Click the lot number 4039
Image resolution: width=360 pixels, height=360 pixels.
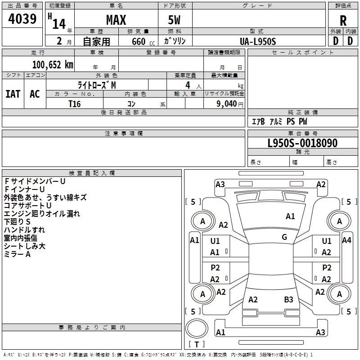click(x=23, y=19)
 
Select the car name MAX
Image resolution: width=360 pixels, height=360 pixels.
click(x=116, y=20)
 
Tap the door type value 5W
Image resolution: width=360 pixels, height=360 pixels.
click(x=175, y=20)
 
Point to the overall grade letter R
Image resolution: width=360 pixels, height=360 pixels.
click(x=343, y=21)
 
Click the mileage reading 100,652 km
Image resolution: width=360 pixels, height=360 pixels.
click(x=53, y=65)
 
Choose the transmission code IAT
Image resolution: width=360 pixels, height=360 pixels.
click(x=13, y=94)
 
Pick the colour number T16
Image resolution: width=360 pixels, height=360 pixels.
click(x=75, y=103)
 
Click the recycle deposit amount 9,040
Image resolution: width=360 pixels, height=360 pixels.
click(x=227, y=103)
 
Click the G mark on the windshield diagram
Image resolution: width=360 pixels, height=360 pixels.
click(x=284, y=237)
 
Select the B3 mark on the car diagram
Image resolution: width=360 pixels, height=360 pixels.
click(x=288, y=300)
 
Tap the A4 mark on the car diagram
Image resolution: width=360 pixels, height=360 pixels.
click(x=346, y=240)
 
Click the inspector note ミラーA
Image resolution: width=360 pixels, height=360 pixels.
click(x=17, y=255)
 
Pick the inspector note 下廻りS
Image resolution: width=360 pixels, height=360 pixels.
click(x=17, y=222)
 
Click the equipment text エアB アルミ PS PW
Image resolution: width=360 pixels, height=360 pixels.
click(x=279, y=122)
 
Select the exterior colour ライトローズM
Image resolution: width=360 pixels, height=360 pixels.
click(x=97, y=85)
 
